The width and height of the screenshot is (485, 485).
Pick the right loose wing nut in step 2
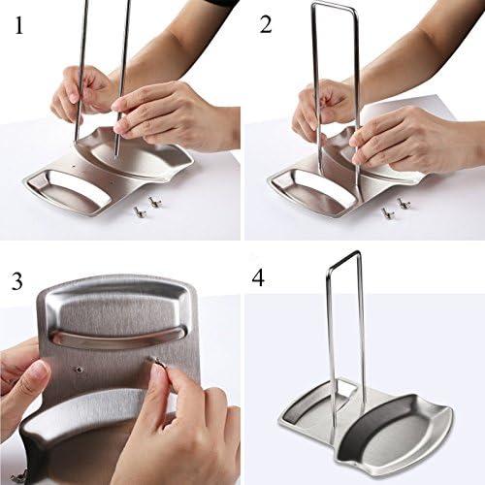click(403, 204)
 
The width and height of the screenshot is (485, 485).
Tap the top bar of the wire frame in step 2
click(335, 7)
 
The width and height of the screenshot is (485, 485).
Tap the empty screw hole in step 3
click(81, 370)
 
